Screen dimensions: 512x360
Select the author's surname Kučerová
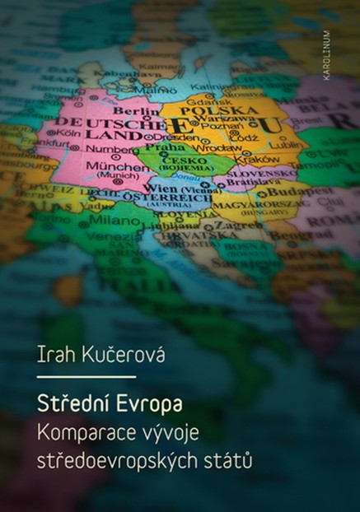[x=117, y=356]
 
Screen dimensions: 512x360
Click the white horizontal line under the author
[x=86, y=377]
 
